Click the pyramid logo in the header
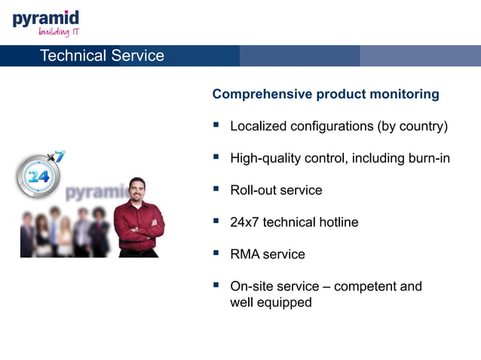pos(45,18)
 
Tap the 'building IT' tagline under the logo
pos(59,32)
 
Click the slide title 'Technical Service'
pos(101,56)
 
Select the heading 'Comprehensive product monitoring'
pos(326,94)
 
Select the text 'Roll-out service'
pos(276,190)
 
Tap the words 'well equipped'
pos(271,303)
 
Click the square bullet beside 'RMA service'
pos(216,253)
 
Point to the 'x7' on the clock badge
pos(57,157)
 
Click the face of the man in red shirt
pos(136,189)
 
